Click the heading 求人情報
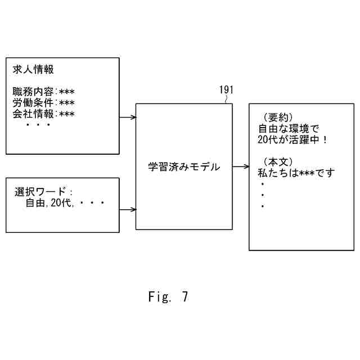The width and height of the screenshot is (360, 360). [33, 70]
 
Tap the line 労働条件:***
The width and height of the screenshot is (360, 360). [43, 103]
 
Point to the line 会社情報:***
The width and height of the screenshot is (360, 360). [43, 114]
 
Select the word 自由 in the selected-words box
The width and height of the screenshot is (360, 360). [35, 204]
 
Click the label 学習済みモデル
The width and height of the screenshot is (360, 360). [184, 167]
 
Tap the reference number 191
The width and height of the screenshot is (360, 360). [226, 90]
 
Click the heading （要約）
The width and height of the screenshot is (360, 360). [278, 117]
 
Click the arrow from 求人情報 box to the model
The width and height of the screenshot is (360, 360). [128, 118]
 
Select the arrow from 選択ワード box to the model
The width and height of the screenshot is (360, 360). [128, 210]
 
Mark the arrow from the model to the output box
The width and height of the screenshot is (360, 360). [241, 166]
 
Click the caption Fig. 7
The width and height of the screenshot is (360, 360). [168, 297]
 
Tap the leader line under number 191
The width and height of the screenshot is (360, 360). [227, 100]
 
